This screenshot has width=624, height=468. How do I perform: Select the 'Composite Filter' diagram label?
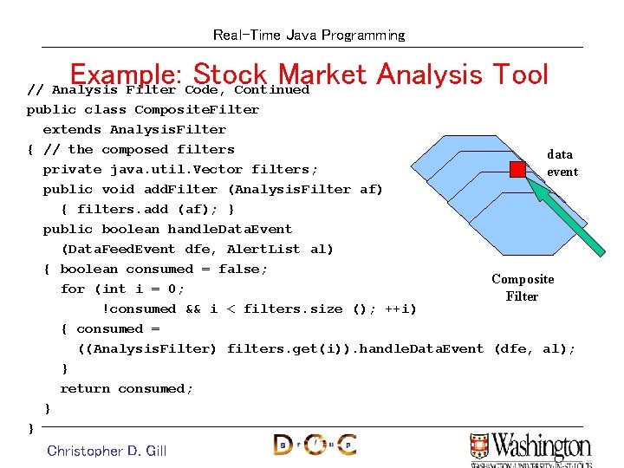pos(523,288)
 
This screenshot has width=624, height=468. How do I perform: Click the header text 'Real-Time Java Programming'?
pos(309,36)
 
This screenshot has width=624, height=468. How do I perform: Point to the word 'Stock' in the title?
pos(232,75)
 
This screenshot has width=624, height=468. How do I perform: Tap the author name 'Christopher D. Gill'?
pos(107,451)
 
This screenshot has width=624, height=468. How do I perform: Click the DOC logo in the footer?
pos(315,445)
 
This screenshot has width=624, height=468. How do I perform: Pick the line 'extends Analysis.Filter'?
pos(134,130)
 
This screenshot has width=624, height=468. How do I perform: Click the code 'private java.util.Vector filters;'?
pos(180,170)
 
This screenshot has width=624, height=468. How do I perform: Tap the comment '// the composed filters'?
pos(127,150)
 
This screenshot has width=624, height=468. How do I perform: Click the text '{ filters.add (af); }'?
pos(147,210)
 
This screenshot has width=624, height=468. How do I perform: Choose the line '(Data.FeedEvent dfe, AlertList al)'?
pos(198,250)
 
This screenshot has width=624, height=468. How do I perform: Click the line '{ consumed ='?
pos(110,329)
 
